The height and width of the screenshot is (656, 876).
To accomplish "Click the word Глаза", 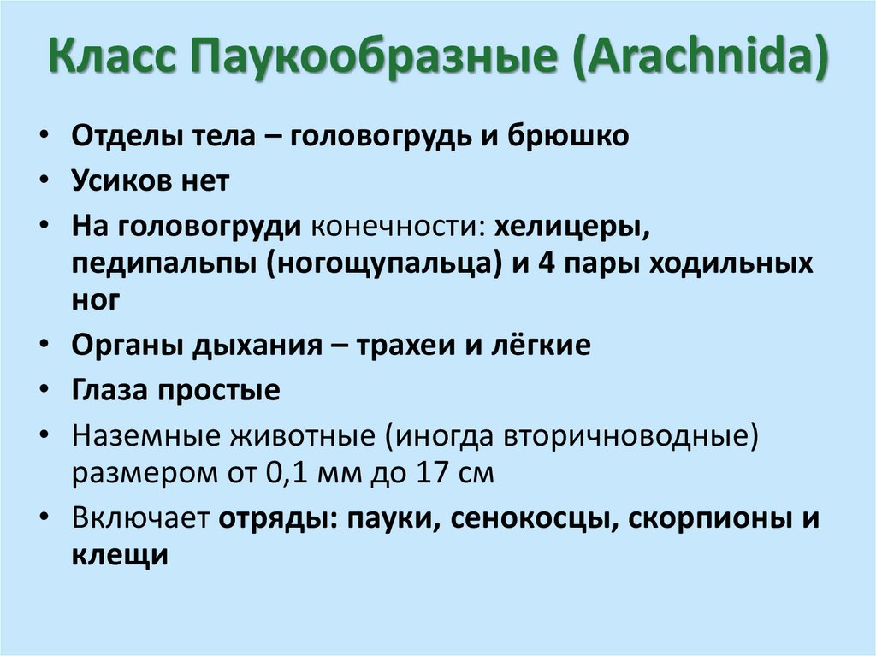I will coord(113,391).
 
